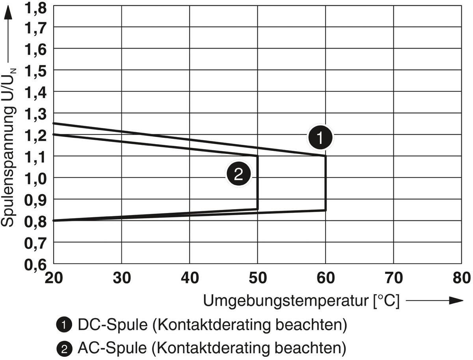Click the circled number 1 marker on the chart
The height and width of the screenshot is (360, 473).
pyautogui.click(x=320, y=137)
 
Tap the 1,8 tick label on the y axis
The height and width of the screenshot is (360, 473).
pyautogui.click(x=36, y=7)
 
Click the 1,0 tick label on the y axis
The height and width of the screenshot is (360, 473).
pyautogui.click(x=36, y=178)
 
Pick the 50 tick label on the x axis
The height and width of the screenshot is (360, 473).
pyautogui.click(x=257, y=278)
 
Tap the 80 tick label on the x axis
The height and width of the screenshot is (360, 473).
pyautogui.click(x=461, y=278)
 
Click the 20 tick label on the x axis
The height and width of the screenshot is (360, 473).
pyautogui.click(x=54, y=278)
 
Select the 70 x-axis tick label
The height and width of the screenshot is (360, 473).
pyautogui.click(x=393, y=278)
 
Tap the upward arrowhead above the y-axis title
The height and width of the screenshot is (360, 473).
pyautogui.click(x=8, y=14)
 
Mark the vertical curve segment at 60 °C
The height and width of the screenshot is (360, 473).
pyautogui.click(x=326, y=183)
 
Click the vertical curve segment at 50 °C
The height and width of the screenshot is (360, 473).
pyautogui.click(x=257, y=182)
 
